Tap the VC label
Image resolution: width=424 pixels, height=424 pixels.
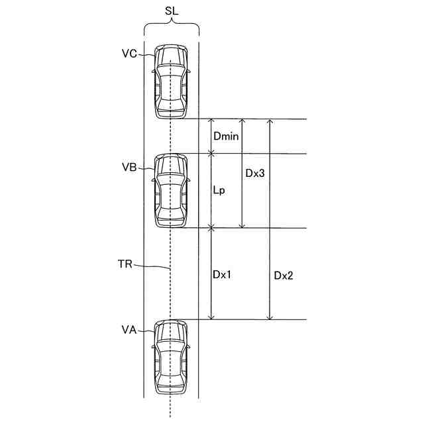click(129, 54)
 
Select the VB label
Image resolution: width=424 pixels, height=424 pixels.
click(129, 168)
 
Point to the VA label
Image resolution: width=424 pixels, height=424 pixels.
click(129, 329)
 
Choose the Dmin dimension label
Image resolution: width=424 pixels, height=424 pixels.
click(226, 137)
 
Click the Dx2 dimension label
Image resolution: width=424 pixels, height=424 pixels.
click(284, 276)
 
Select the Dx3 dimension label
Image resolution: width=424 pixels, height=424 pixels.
click(255, 174)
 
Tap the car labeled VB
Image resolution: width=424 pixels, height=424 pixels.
click(171, 191)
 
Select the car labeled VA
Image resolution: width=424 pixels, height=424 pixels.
click(171, 358)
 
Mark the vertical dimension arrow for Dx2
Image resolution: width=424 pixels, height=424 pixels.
click(270, 219)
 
